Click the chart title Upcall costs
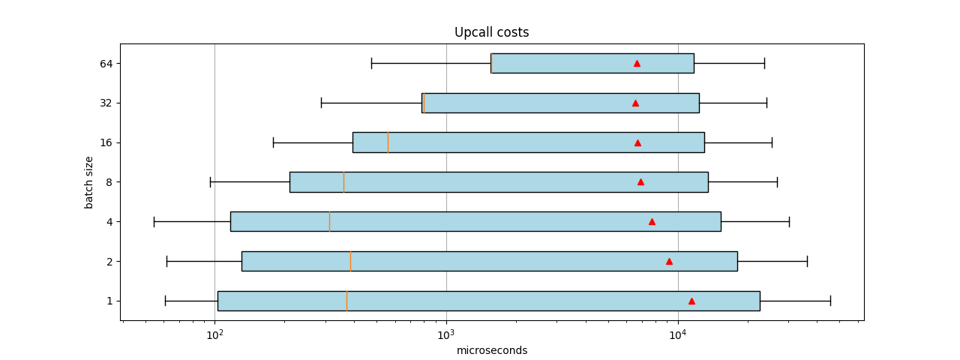point(491,32)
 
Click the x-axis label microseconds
point(492,350)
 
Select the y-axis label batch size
point(89,182)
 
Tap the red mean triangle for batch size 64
point(637,64)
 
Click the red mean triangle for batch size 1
point(691,301)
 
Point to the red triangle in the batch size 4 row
point(652,221)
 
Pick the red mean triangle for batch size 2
point(669,261)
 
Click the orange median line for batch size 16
point(388,142)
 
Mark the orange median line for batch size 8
point(343,182)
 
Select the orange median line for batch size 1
point(346,301)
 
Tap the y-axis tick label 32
point(106,103)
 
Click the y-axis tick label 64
point(106,64)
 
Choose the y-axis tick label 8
point(109,182)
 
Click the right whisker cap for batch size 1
point(830,301)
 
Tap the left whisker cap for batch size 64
point(371,64)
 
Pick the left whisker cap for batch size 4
point(154,221)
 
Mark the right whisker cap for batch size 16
point(772,142)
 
